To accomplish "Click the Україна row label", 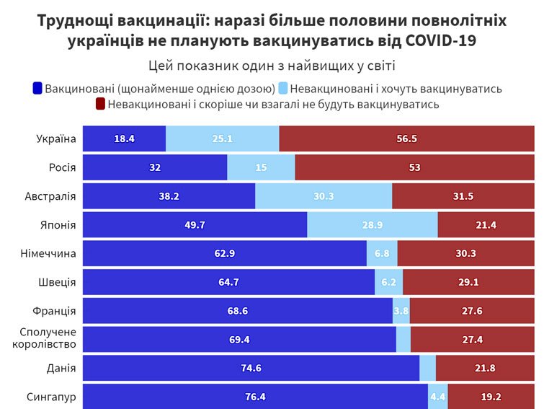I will (56, 138).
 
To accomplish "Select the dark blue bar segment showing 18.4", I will (124, 138).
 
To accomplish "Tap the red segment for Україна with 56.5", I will (406, 138).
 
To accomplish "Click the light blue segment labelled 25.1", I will (222, 138).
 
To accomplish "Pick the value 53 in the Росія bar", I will (414, 167).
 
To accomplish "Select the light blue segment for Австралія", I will (324, 196).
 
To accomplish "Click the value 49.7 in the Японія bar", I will (195, 225).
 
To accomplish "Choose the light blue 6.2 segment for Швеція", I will (388, 282).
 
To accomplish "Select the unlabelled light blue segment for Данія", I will (427, 368).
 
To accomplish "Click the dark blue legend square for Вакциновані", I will (38, 89).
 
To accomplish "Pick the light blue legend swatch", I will (283, 89).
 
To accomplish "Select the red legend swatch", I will (101, 105).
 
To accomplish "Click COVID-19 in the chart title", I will (442, 40).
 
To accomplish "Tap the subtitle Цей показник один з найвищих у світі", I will (271, 66).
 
